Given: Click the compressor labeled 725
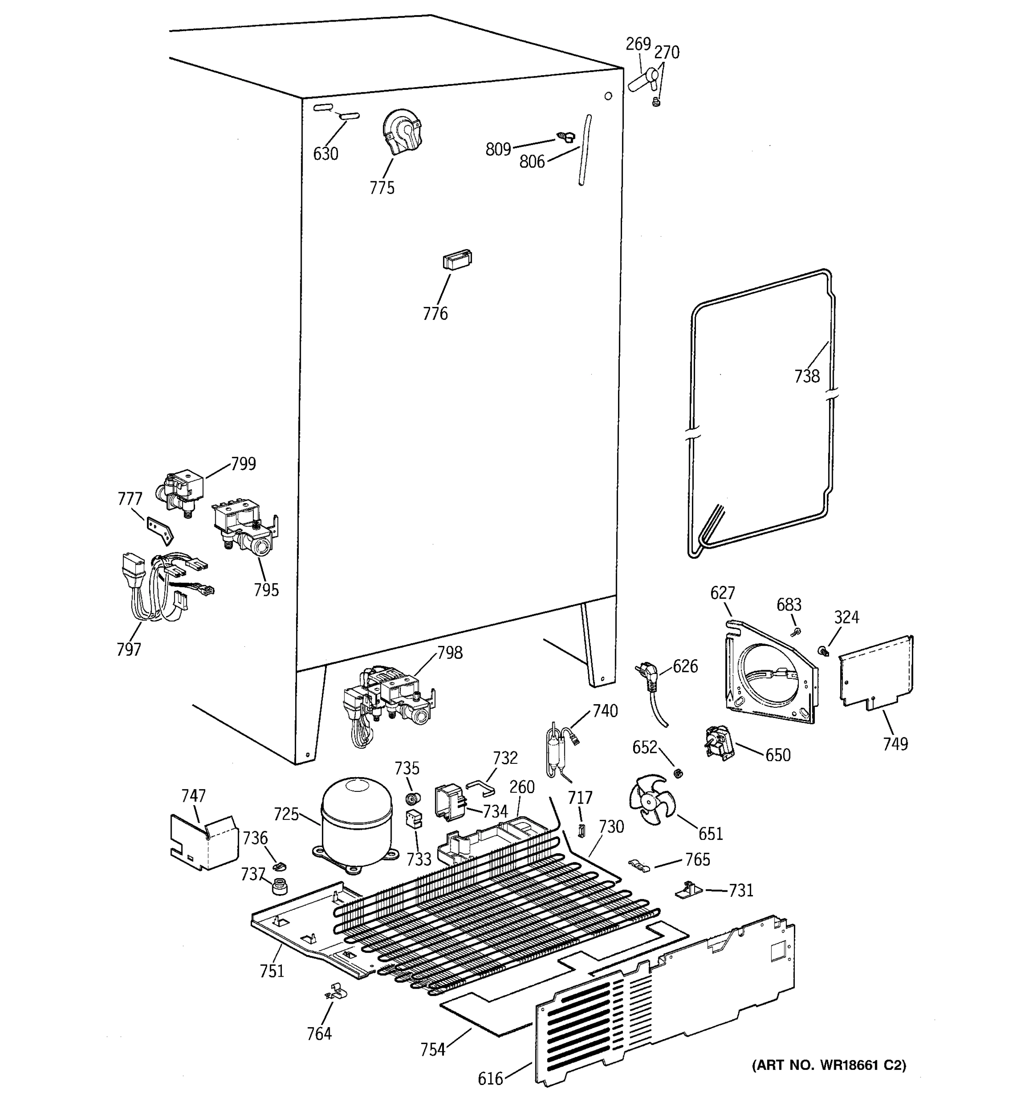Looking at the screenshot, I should [x=357, y=821].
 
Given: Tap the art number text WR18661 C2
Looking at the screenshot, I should [x=829, y=1065].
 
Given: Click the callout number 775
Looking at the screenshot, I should [x=382, y=188].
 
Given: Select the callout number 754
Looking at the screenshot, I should [x=432, y=1050].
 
